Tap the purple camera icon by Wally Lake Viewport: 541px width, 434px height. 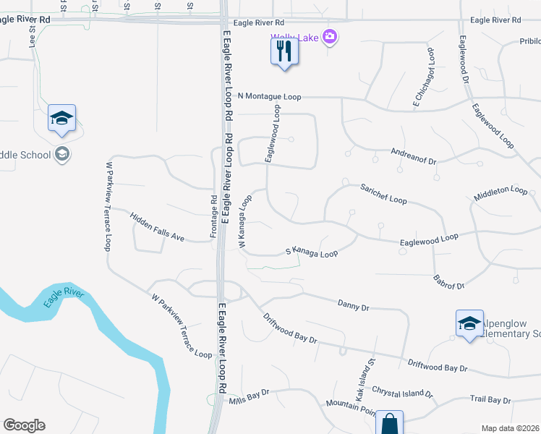331,35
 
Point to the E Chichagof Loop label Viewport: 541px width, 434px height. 424,78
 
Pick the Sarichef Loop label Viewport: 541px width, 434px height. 383,193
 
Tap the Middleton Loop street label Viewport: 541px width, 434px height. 500,193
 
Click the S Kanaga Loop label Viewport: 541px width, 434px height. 312,253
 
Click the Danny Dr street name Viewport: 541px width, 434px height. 354,307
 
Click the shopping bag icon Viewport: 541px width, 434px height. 389,423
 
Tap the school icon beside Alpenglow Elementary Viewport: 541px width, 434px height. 469,323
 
